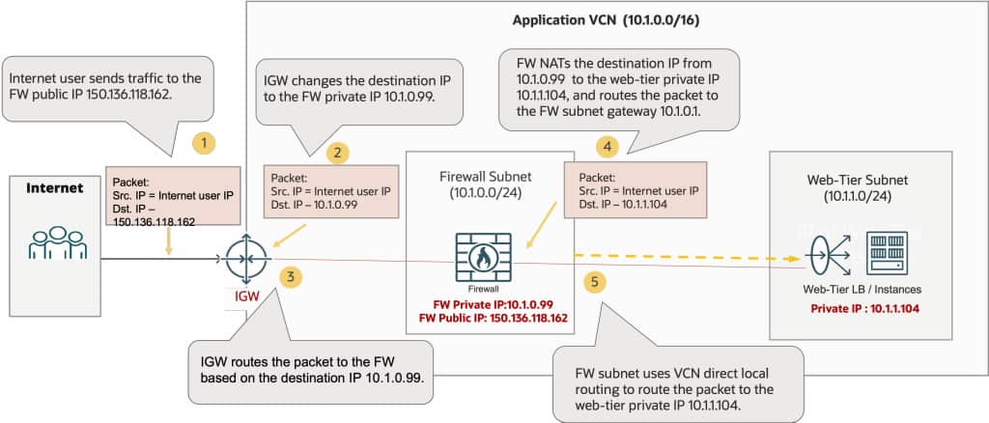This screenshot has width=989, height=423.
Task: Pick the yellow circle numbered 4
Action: coord(606,147)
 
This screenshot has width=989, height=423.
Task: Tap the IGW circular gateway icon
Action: coord(241,259)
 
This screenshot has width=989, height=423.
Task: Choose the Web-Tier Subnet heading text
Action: coord(858,180)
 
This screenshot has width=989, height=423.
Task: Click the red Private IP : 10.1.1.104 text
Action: coord(858,307)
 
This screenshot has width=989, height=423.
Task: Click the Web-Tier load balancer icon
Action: coord(824,258)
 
